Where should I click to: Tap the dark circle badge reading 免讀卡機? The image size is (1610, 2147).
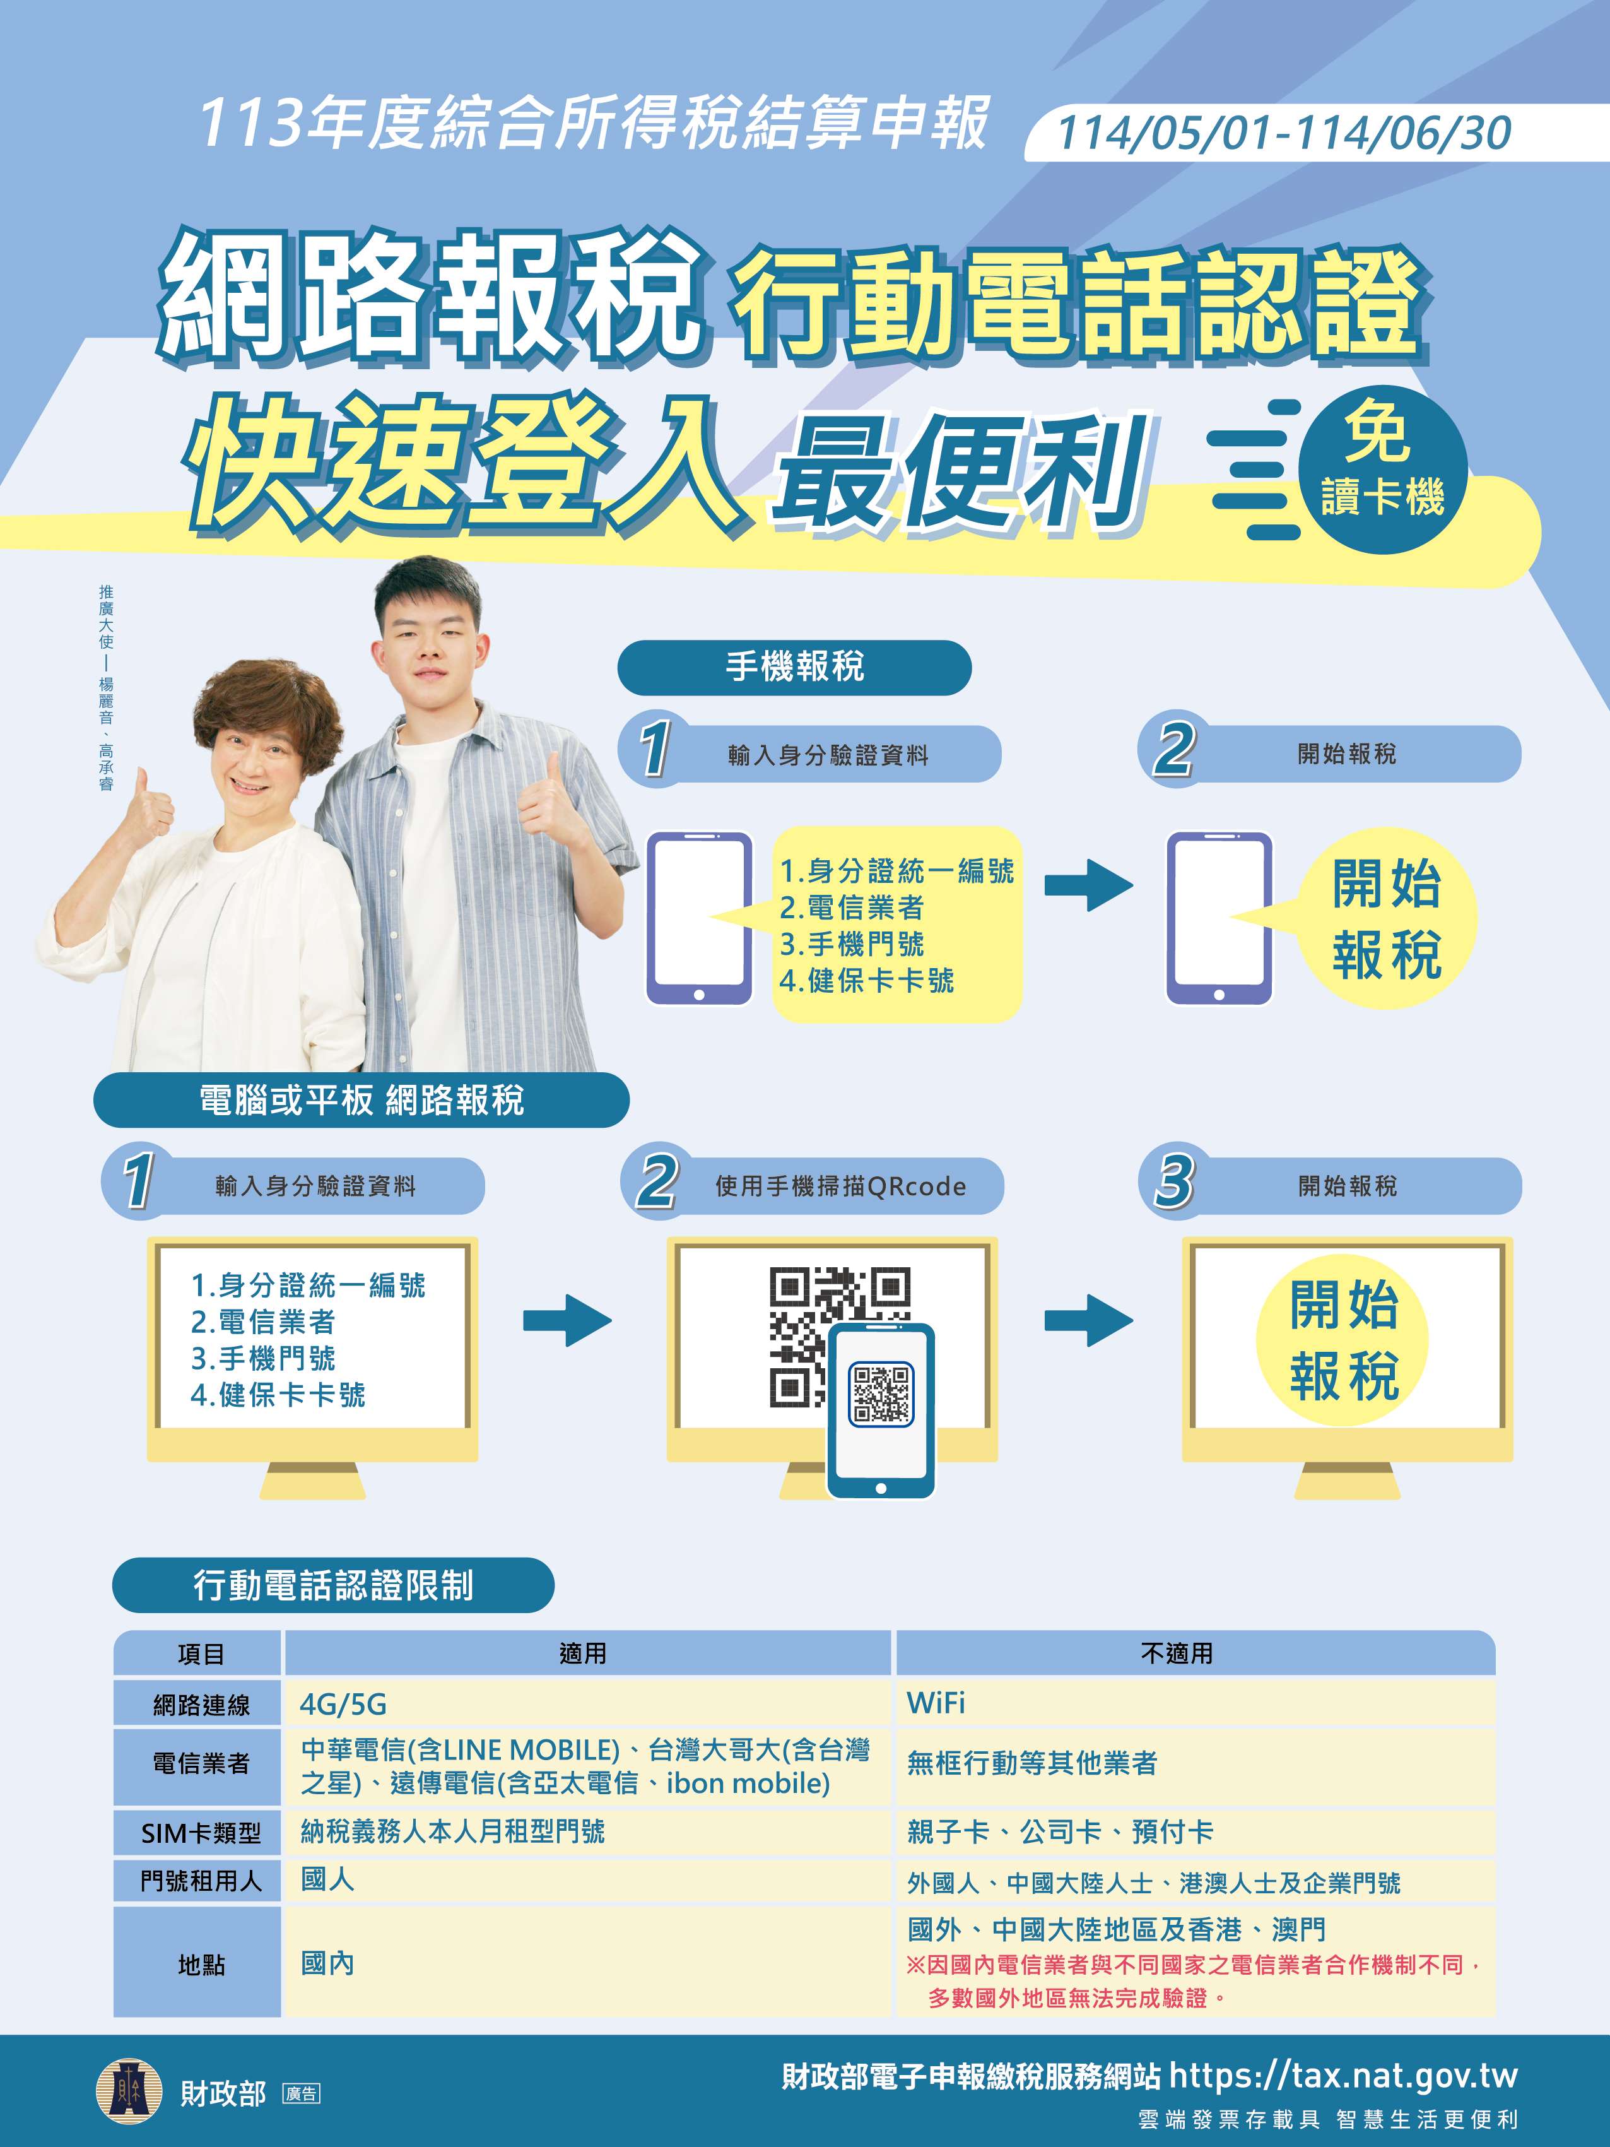pos(1382,470)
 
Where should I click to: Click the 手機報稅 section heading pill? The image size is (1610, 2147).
pos(794,667)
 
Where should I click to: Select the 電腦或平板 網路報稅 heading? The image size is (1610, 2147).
pos(361,1100)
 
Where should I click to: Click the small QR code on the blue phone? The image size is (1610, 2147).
pos(880,1395)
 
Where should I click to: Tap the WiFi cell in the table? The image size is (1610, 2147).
pos(936,1703)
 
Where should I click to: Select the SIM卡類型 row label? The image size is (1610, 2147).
pos(201,1833)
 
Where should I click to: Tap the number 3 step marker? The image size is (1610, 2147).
pos(1173,1180)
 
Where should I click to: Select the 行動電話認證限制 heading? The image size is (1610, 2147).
pos(333,1585)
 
